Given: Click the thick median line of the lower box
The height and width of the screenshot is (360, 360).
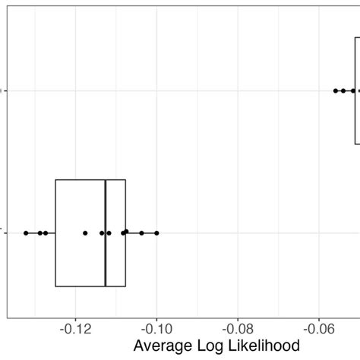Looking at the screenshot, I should click(106, 232).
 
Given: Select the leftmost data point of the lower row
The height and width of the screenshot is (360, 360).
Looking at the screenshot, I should click(26, 232).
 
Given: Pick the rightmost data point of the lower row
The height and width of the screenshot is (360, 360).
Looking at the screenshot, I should click(156, 232).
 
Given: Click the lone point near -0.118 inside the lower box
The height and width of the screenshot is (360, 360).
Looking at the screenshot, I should click(85, 232).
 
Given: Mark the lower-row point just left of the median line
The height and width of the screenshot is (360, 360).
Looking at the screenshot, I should click(102, 232).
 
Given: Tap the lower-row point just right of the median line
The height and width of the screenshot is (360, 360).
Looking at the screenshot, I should click(109, 232).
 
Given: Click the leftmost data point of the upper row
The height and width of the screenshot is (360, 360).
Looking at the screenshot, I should click(336, 90).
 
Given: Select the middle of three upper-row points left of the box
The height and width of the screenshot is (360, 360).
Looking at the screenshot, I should click(343, 90).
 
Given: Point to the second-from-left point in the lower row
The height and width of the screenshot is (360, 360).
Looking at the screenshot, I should click(40, 232).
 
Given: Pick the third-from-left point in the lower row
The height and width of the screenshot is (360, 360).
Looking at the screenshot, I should click(46, 232).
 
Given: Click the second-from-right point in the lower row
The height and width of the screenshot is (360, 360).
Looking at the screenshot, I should click(141, 232).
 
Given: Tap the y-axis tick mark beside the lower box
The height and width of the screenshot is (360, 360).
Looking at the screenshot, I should click(5, 232).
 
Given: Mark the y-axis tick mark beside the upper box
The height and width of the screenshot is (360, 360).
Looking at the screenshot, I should click(5, 90).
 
